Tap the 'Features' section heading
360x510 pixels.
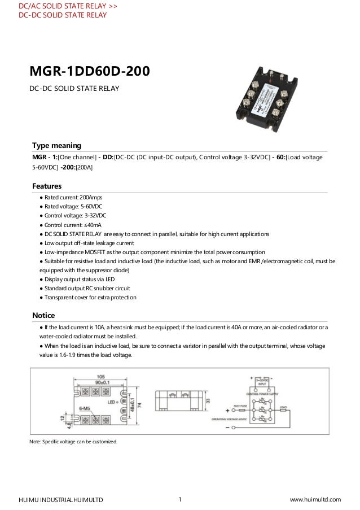(x=47, y=186)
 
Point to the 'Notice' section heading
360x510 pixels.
(x=43, y=315)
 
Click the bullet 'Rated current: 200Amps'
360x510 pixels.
(x=71, y=198)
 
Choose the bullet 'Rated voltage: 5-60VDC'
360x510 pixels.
(x=71, y=207)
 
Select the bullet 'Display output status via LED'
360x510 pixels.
(x=79, y=279)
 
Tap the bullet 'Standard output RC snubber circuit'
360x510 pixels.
(x=87, y=288)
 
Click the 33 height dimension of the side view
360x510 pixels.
(x=209, y=400)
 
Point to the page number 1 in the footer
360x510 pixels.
(x=179, y=499)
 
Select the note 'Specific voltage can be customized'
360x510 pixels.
(x=73, y=441)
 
